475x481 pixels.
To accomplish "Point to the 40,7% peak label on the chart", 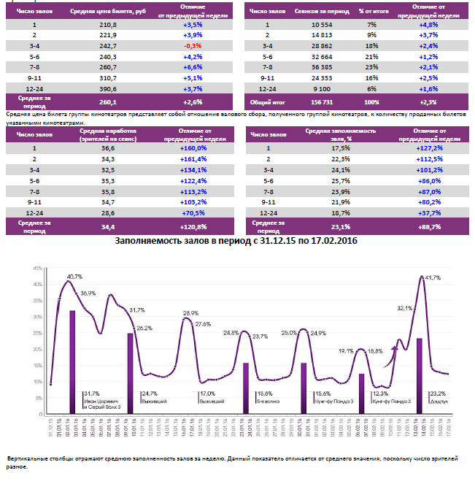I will click(x=74, y=277).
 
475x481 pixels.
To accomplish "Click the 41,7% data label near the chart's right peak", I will click(x=432, y=278).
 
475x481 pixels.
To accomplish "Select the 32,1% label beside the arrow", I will click(x=405, y=308).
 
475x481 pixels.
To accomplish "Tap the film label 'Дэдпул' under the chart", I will click(x=439, y=401).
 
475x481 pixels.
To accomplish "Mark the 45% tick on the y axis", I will click(x=36, y=268).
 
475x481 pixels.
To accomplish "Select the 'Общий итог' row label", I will click(x=266, y=101).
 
